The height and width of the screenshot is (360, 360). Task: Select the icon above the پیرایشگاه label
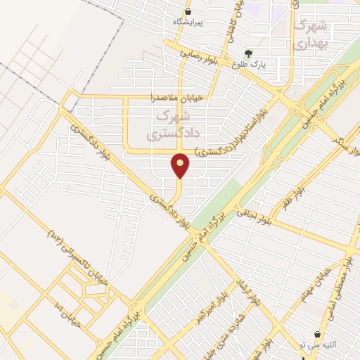pyautogui.click(x=188, y=12)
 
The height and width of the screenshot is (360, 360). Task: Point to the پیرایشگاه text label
pyautogui.click(x=188, y=22)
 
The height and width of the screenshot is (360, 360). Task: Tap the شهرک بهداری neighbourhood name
pyautogui.click(x=310, y=33)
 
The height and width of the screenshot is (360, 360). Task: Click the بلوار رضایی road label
pyautogui.click(x=199, y=56)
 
